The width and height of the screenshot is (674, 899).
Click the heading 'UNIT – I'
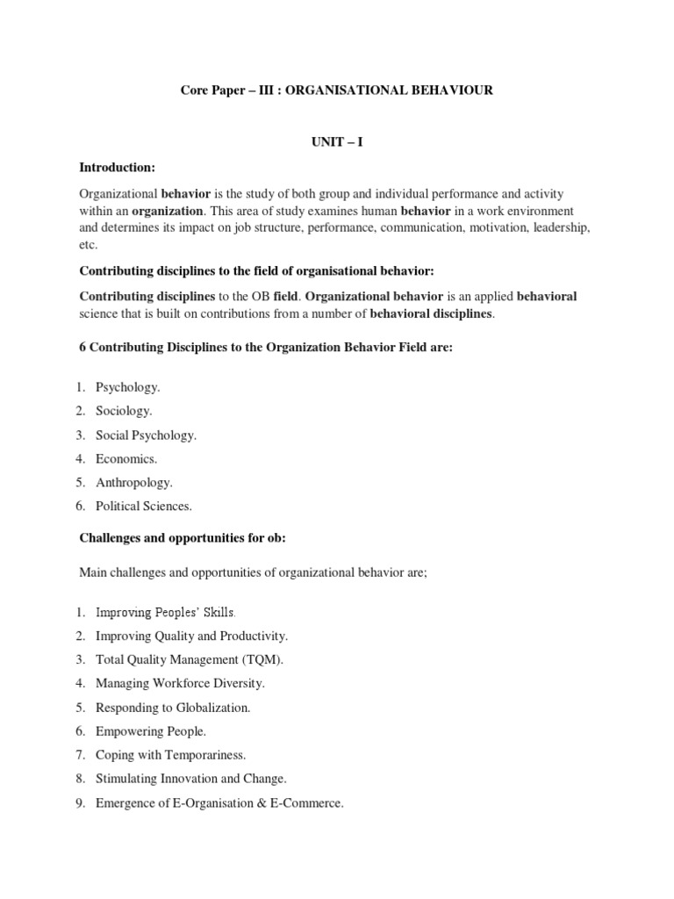point(337,142)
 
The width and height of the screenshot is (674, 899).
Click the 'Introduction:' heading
point(117,167)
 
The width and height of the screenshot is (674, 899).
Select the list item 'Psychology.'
point(128,387)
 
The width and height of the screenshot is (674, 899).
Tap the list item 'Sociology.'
point(124,411)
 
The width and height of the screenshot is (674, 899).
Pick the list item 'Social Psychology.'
point(146,435)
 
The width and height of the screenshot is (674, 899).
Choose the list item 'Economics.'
point(126,458)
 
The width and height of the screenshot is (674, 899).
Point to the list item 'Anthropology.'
point(134,482)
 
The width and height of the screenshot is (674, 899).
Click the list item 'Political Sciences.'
point(143,506)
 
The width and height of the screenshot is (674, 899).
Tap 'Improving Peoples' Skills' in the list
point(165,612)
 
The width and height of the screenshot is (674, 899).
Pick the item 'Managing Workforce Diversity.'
point(180,683)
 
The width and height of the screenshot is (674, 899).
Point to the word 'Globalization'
point(212,707)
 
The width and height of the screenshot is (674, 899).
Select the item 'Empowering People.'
point(151,730)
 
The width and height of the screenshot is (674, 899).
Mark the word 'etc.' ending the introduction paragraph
point(89,246)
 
